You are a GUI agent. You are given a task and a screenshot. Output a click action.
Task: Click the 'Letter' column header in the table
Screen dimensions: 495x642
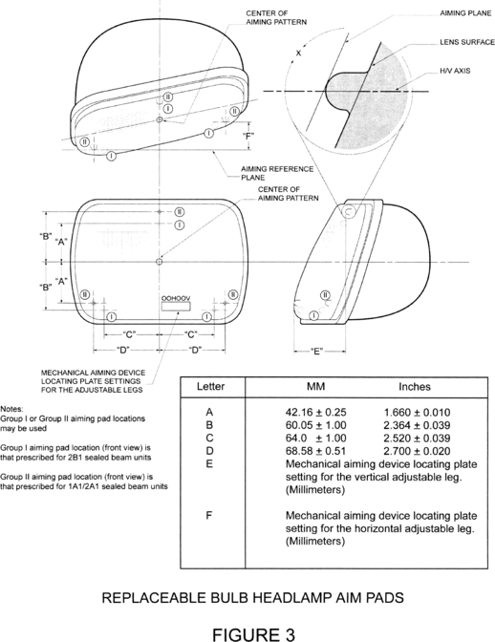tap(210, 387)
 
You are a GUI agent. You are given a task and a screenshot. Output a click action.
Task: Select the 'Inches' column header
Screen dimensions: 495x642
tap(415, 387)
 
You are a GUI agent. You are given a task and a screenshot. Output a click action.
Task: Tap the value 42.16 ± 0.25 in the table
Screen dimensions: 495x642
tap(315, 413)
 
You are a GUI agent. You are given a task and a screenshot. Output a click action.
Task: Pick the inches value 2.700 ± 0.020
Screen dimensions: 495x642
tap(417, 451)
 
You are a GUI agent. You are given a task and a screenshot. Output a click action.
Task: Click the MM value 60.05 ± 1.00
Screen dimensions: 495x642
tap(315, 425)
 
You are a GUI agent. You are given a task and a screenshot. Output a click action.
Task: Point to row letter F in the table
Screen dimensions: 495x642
tap(209, 515)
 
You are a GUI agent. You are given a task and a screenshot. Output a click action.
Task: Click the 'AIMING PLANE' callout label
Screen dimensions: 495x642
tap(465, 13)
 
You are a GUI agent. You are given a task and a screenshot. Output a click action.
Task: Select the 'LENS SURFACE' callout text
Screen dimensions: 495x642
tap(467, 42)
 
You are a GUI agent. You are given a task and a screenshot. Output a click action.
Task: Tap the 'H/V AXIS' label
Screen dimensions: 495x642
tap(455, 71)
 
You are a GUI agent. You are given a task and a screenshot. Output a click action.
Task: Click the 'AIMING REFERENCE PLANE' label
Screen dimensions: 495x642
tap(277, 173)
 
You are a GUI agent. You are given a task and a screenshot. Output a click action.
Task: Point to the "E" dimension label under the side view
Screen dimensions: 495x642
tap(316, 352)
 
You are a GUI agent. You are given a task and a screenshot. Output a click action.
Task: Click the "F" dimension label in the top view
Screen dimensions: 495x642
tap(248, 136)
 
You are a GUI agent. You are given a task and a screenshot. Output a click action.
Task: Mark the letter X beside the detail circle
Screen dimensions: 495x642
tap(298, 53)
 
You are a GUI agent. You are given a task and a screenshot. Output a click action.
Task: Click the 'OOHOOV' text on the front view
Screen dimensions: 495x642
tap(176, 298)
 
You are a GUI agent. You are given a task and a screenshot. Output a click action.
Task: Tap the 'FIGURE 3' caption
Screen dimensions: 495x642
tap(253, 634)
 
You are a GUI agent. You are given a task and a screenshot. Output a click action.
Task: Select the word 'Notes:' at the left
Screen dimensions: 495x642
tap(11, 409)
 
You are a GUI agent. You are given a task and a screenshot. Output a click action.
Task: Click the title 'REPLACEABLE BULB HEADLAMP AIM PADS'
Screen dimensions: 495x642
tap(252, 598)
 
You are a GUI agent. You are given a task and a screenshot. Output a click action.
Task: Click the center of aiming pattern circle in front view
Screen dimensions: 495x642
tap(160, 262)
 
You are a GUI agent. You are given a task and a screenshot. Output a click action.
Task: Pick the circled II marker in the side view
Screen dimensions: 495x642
tap(325, 295)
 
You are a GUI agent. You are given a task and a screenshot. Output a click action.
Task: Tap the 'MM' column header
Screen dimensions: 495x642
tap(315, 387)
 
